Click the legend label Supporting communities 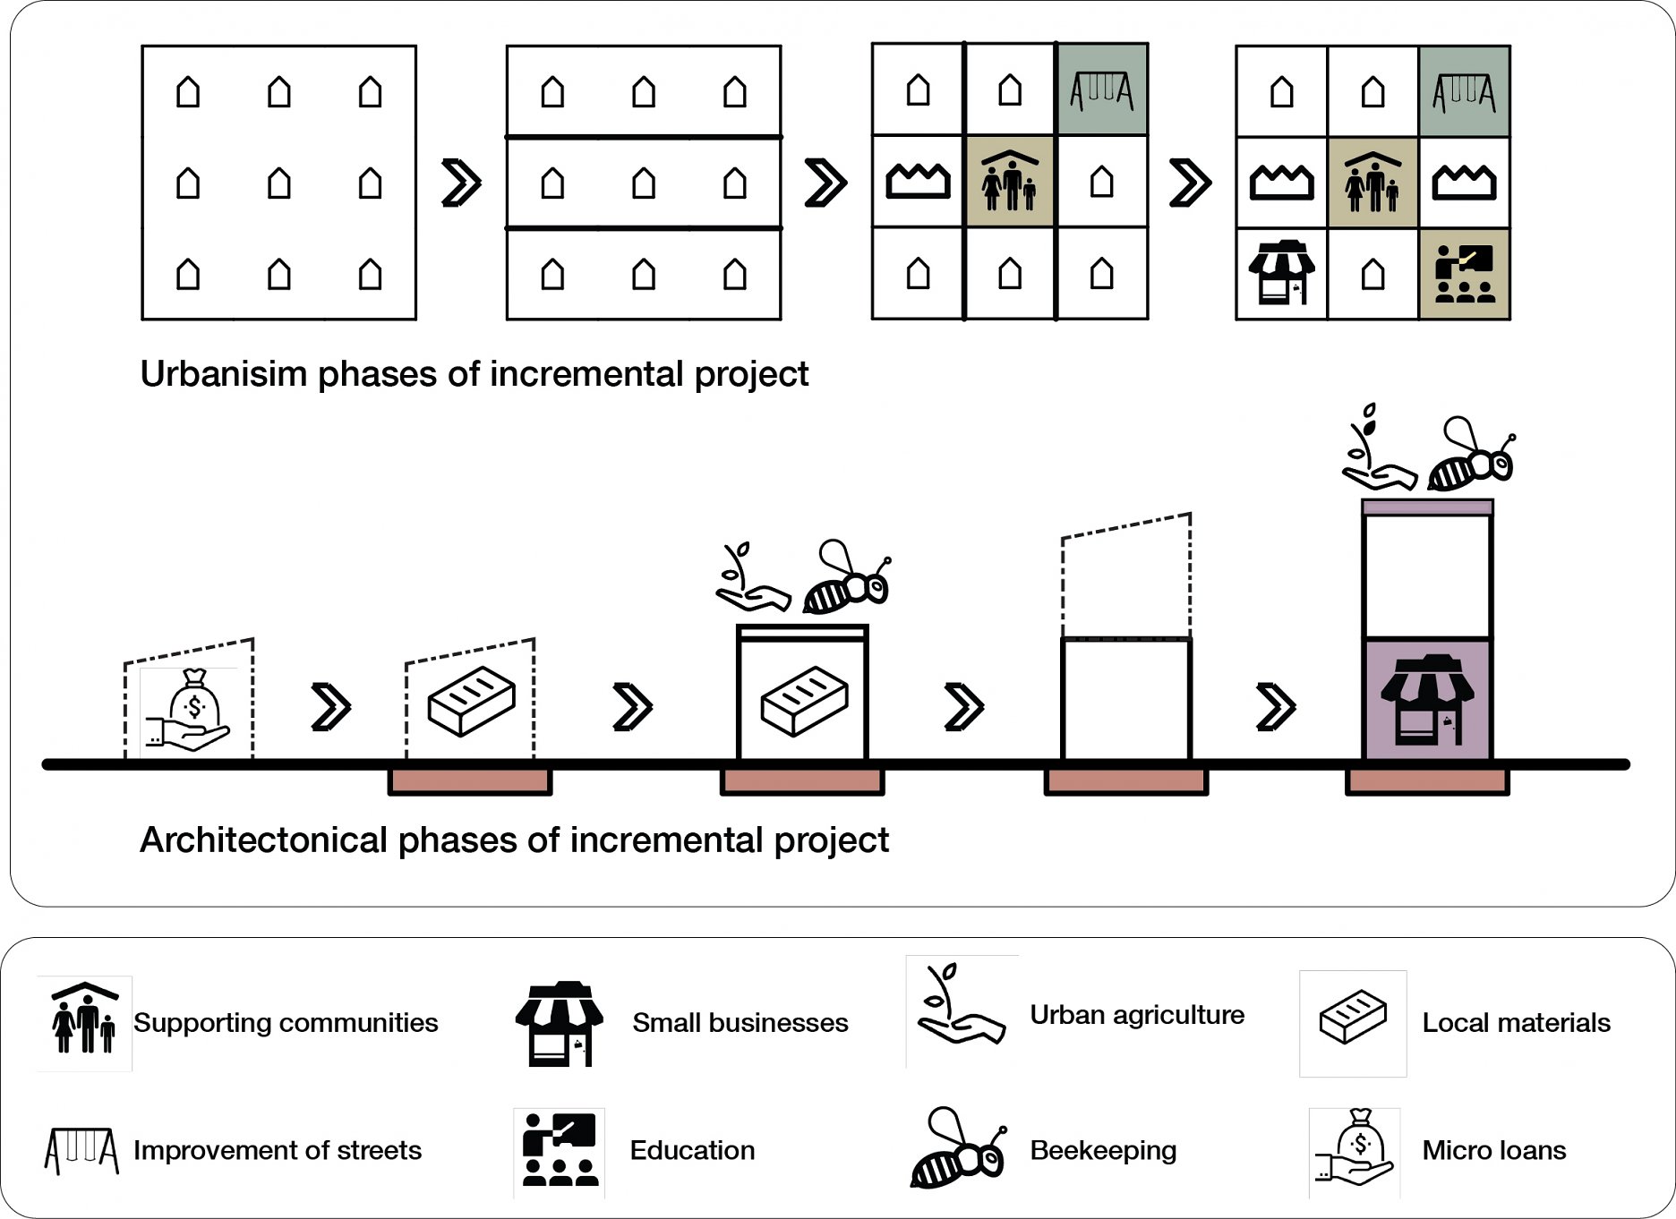point(286,1022)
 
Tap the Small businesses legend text point(740,1022)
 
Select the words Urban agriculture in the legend point(1137,1014)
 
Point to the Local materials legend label point(1516,1022)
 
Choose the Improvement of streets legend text point(278,1150)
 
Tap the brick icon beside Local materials point(1353,1018)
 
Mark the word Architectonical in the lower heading point(263,840)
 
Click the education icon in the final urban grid point(1464,273)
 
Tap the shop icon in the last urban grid point(1281,272)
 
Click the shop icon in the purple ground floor point(1427,700)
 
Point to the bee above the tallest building point(1469,457)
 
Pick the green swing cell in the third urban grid point(1101,90)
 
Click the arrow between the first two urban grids point(461,183)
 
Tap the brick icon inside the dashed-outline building point(472,701)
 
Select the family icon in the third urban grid point(1010,182)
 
